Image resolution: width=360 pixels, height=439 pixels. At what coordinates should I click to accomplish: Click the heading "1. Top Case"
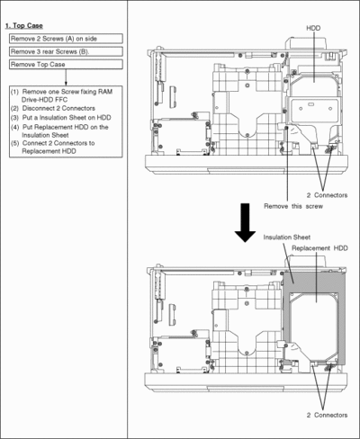24,26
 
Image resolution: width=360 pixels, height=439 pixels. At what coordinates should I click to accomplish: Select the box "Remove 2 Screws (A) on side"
66,39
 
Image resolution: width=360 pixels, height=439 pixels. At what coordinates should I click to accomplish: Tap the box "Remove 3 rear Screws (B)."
66,51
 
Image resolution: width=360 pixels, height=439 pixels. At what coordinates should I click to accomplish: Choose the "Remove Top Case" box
66,65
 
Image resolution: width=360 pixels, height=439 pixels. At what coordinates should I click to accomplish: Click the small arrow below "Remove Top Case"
66,77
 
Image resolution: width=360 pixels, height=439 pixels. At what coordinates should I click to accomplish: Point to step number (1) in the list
14,92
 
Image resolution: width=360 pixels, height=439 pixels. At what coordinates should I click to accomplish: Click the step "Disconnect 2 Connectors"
58,108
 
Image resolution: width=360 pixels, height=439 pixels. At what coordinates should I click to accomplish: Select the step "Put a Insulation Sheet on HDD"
67,118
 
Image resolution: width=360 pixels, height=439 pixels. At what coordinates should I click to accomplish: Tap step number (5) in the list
14,143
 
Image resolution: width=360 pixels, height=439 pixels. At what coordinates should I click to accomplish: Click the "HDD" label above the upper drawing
313,28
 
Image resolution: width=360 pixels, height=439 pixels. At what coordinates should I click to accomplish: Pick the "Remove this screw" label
293,206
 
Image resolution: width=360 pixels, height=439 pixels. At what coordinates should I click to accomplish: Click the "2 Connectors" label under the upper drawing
327,195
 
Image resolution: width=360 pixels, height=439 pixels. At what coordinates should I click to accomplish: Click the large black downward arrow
245,222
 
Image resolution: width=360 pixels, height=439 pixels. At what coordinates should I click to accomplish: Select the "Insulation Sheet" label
287,237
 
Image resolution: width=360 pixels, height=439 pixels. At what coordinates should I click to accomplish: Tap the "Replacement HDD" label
319,248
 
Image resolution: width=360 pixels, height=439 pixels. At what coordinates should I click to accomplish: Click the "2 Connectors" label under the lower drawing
327,415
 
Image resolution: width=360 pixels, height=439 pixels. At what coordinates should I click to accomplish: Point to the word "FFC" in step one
61,100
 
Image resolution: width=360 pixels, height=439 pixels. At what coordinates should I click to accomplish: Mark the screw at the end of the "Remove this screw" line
286,128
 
